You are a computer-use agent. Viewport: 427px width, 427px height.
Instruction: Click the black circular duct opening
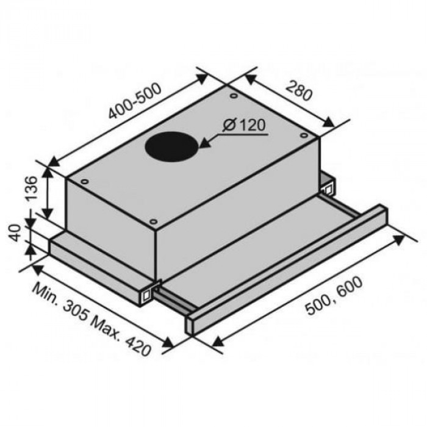(172, 147)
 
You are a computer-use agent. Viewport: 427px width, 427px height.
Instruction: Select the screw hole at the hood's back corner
(234, 95)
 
